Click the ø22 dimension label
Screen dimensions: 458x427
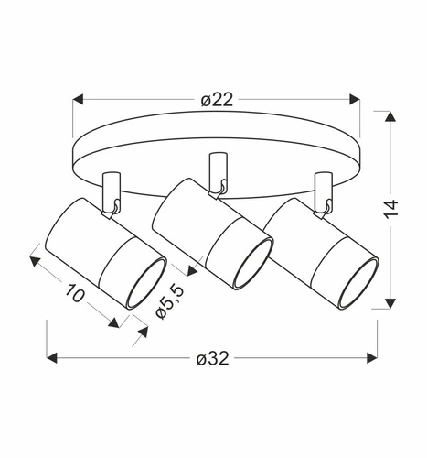[215, 99]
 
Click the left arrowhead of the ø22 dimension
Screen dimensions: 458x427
[78, 99]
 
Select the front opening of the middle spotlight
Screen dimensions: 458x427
[249, 259]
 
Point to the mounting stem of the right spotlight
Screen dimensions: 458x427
[320, 191]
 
